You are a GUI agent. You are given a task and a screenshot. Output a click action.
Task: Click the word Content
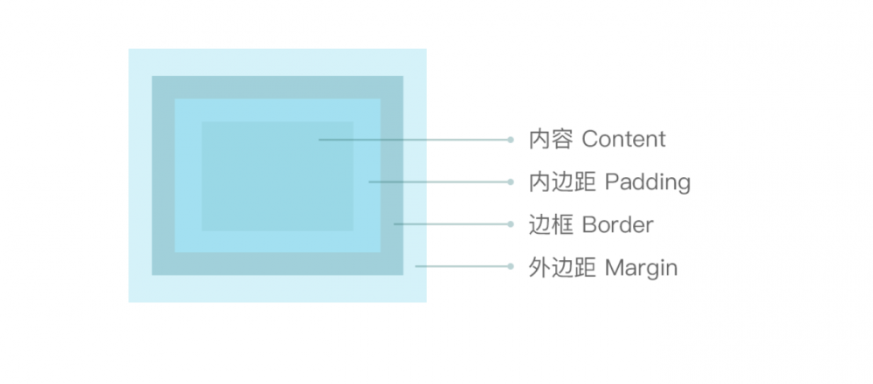(623, 139)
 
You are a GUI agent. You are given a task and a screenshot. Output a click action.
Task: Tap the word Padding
(648, 182)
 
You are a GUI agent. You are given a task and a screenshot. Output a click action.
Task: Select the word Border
(617, 225)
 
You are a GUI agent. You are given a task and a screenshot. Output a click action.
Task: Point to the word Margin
(642, 268)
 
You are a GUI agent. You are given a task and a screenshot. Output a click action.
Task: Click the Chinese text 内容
(551, 139)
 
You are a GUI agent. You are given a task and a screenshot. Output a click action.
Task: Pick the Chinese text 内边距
(561, 182)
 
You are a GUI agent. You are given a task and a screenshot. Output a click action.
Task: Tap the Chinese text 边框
(551, 225)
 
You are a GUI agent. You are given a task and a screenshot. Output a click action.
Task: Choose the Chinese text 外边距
(561, 268)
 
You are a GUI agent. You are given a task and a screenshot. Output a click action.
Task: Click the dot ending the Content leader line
(510, 140)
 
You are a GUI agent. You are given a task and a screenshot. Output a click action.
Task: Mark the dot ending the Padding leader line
(510, 182)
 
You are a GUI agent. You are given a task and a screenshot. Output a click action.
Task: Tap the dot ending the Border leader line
(510, 224)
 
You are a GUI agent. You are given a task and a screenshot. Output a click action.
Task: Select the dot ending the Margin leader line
(510, 266)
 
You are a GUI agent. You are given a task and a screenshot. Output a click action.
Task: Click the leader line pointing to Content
(414, 140)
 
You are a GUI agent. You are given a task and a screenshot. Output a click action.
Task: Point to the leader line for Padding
(439, 182)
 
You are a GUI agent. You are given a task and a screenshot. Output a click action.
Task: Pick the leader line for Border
(451, 224)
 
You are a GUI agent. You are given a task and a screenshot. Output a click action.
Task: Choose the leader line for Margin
(463, 266)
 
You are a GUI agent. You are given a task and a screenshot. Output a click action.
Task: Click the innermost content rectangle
(278, 176)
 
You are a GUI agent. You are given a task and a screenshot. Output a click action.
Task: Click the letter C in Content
(589, 139)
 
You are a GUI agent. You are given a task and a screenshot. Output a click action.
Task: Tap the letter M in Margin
(614, 268)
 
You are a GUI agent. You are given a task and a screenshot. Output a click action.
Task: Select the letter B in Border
(588, 225)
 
